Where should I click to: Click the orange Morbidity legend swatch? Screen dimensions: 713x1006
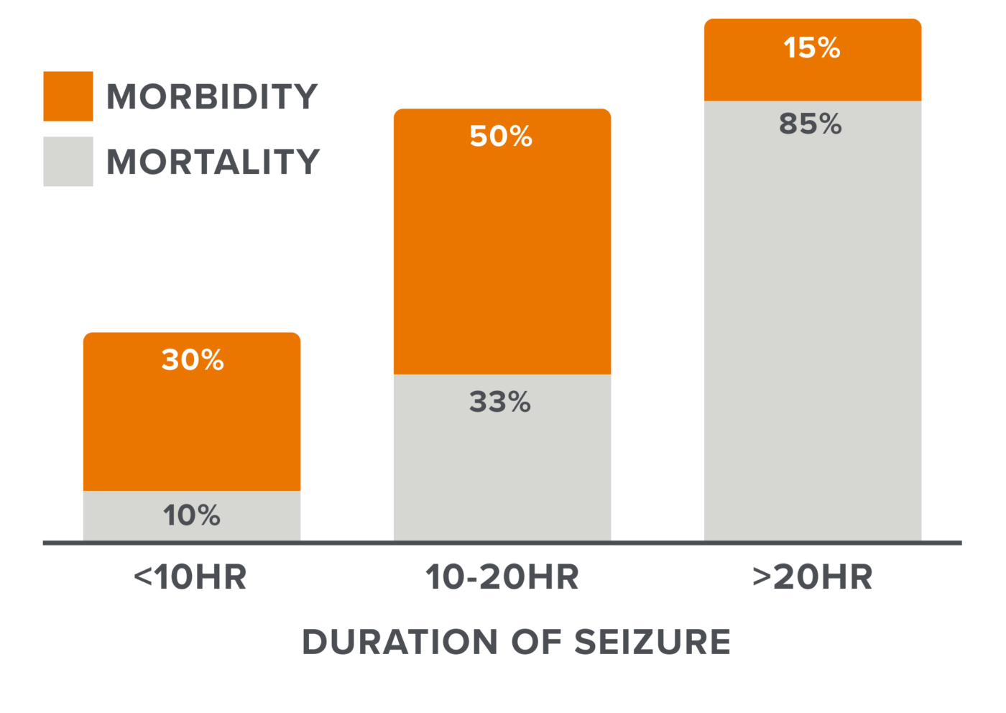(68, 96)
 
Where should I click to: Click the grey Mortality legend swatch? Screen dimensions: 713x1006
(68, 162)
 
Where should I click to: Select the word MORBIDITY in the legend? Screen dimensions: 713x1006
(212, 97)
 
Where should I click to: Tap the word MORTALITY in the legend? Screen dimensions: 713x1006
(213, 162)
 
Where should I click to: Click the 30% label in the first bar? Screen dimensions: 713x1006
(193, 359)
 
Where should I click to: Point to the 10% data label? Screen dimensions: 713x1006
(192, 515)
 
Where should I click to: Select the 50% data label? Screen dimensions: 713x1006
(501, 136)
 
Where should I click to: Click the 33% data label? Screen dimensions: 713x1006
(500, 402)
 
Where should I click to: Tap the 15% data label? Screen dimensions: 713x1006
(812, 48)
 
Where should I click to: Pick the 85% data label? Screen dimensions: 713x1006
(811, 124)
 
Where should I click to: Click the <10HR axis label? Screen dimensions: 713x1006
(190, 577)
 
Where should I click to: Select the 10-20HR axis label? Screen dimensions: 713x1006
(502, 577)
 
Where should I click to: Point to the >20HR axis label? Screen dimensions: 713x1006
(813, 577)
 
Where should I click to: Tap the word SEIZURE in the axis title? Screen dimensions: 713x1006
(652, 642)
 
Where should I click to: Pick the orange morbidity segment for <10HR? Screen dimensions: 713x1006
(192, 431)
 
